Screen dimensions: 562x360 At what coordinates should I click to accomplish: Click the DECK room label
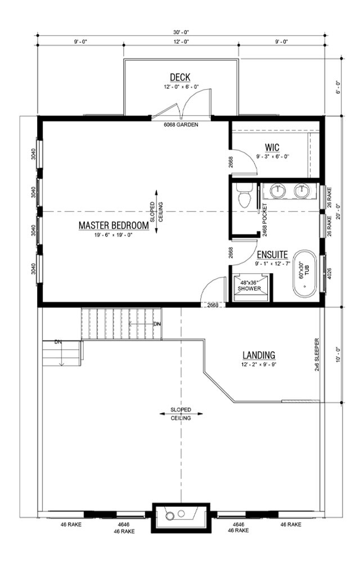pyautogui.click(x=181, y=77)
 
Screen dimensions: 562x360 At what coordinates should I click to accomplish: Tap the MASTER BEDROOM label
pyautogui.click(x=113, y=225)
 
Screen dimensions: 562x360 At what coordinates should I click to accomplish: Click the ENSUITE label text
pyautogui.click(x=273, y=255)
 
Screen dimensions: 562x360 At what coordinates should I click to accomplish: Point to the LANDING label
pyautogui.click(x=259, y=355)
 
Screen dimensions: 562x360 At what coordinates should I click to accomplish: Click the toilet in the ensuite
pyautogui.click(x=244, y=196)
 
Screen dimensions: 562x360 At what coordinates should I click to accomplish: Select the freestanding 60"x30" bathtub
pyautogui.click(x=305, y=275)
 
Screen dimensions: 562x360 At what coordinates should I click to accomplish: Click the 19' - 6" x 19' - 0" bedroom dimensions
pyautogui.click(x=113, y=235)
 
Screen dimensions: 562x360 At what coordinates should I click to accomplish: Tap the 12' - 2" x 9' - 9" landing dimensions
pyautogui.click(x=259, y=365)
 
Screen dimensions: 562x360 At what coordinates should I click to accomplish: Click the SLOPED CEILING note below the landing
pyautogui.click(x=181, y=414)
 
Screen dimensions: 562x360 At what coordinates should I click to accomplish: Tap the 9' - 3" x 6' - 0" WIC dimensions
pyautogui.click(x=273, y=157)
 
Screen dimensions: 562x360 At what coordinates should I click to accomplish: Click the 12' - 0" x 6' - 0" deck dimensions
pyautogui.click(x=181, y=87)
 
